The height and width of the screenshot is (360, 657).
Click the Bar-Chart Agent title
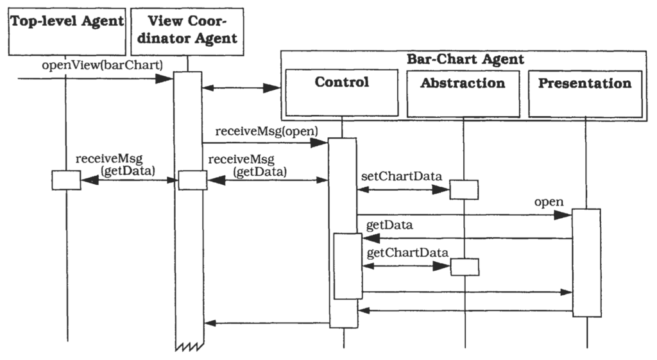click(x=465, y=60)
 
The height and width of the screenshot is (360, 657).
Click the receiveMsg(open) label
click(x=266, y=132)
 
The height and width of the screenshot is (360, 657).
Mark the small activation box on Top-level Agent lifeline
click(x=66, y=180)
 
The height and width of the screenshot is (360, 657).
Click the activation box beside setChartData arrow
click(x=463, y=190)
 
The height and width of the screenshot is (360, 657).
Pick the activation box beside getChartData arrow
click(x=463, y=266)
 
